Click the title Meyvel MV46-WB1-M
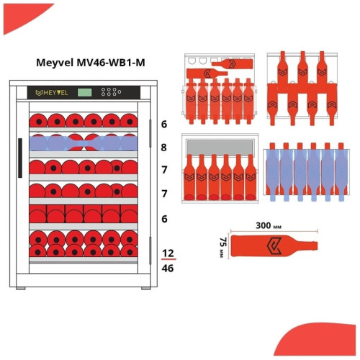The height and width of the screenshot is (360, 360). point(91,63)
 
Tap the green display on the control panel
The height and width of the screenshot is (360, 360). point(84,92)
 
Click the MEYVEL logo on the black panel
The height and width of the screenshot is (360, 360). point(52,93)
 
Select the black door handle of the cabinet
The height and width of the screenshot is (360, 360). point(20,158)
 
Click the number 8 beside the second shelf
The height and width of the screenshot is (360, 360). point(163,148)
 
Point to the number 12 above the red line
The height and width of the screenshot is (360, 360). point(168,253)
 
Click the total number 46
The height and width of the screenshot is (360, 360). point(168,269)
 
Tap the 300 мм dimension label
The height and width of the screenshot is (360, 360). point(269,225)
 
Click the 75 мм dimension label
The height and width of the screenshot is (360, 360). point(223,248)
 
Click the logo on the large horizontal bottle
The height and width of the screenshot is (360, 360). point(274,246)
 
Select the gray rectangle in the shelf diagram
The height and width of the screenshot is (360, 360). point(220,148)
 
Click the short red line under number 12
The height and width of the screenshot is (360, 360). point(168,259)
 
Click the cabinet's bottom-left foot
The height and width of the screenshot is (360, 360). point(21,289)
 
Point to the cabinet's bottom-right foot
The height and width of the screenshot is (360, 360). point(146,289)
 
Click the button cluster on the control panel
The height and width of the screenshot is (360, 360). point(111,92)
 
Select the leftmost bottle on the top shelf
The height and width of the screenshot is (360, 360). point(38,121)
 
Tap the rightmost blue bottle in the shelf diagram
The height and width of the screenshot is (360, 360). point(341,172)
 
